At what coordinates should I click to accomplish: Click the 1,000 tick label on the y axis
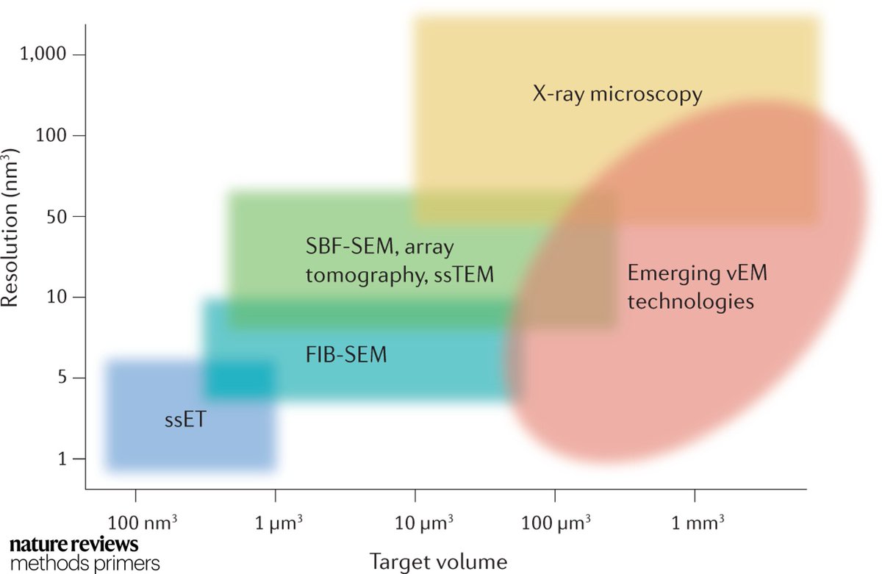pyautogui.click(x=51, y=55)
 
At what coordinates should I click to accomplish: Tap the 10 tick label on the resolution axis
pyautogui.click(x=62, y=298)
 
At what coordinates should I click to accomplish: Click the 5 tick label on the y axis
pyautogui.click(x=66, y=379)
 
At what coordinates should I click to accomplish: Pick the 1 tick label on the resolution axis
pyautogui.click(x=68, y=459)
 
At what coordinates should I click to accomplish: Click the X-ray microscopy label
pyautogui.click(x=617, y=94)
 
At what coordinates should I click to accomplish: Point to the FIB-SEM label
pyautogui.click(x=345, y=356)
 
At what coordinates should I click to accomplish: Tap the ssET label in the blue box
pyautogui.click(x=184, y=420)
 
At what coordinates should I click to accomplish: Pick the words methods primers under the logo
pyautogui.click(x=85, y=564)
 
